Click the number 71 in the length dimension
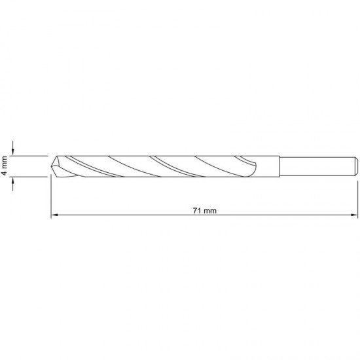click(197, 211)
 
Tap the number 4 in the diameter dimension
click(5, 172)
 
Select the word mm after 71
click(210, 211)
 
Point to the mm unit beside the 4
click(5, 162)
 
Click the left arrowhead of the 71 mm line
click(54, 215)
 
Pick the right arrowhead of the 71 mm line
click(354, 215)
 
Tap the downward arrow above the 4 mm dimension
click(13, 148)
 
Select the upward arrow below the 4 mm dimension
click(13, 184)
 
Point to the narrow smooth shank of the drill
click(317, 166)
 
